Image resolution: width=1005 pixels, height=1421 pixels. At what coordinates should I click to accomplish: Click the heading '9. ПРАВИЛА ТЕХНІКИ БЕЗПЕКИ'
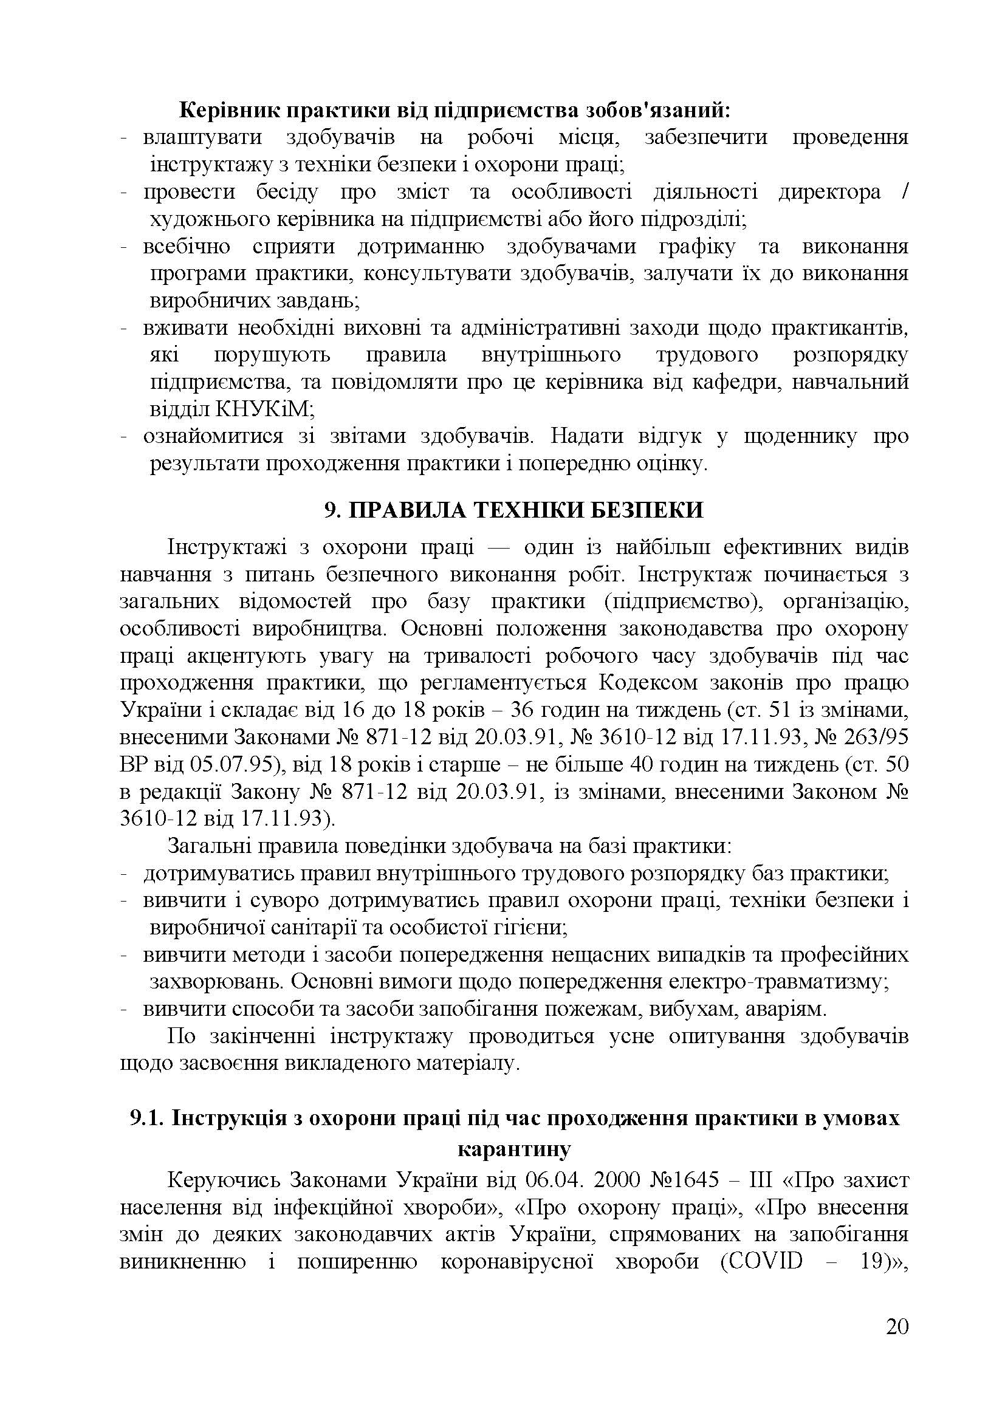(x=513, y=510)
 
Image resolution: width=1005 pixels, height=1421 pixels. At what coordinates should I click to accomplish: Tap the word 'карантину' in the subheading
(x=513, y=1149)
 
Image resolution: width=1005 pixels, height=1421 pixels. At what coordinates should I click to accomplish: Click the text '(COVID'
(x=762, y=1261)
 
